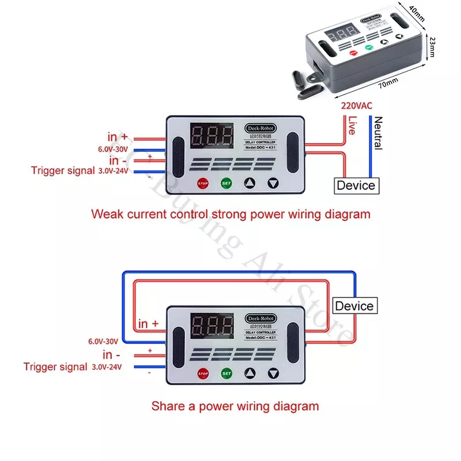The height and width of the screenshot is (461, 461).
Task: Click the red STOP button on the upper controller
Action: coord(202,184)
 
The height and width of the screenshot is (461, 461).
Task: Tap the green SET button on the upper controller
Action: coord(226,184)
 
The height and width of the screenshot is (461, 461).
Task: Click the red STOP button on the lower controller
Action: coord(202,373)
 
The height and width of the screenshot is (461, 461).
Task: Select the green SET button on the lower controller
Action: coord(226,373)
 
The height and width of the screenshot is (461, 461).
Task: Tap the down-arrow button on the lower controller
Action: coord(273,373)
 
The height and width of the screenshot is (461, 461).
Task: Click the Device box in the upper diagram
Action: coord(356,185)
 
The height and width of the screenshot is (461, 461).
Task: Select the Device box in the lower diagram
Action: coord(354,306)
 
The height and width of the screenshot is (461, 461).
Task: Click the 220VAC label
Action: coord(357,106)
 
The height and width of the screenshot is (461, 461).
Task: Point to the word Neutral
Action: coord(378,133)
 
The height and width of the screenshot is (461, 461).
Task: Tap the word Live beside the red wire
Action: coord(352,126)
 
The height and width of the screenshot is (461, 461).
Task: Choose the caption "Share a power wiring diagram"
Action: coord(235,406)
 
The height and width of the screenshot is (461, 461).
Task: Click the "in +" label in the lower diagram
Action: coord(148,324)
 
